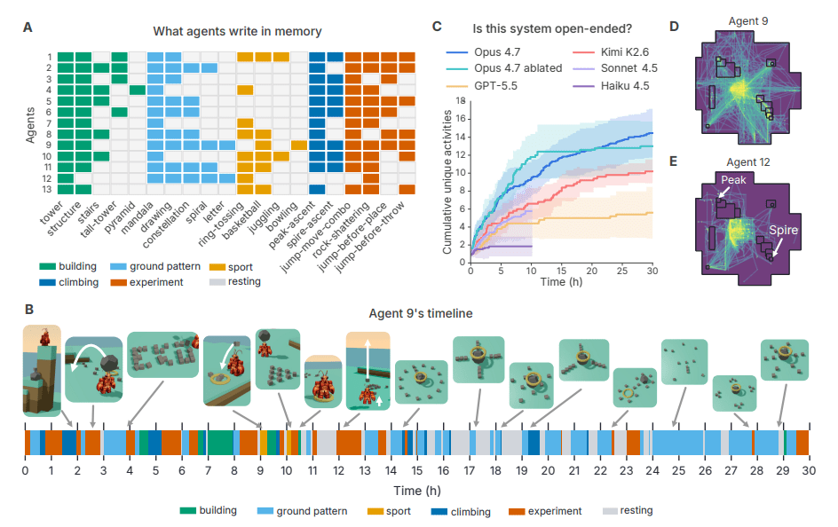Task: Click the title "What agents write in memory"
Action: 237,32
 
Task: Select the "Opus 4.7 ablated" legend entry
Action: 504,68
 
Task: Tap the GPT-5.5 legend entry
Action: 481,86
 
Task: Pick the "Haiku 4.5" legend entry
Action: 611,86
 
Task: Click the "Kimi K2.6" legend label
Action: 625,52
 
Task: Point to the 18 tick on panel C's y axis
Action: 461,101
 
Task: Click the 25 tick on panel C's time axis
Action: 622,271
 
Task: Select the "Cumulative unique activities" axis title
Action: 447,182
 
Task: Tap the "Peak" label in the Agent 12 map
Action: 733,180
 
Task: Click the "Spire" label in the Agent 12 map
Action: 784,230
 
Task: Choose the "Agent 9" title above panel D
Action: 748,21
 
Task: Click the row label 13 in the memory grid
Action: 47,190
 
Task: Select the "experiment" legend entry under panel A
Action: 147,282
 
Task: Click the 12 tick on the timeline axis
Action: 339,471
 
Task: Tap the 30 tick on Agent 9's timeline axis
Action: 809,471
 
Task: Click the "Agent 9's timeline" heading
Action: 421,313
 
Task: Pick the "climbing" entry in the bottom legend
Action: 461,512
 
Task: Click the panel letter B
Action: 29,310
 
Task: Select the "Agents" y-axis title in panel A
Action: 30,125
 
